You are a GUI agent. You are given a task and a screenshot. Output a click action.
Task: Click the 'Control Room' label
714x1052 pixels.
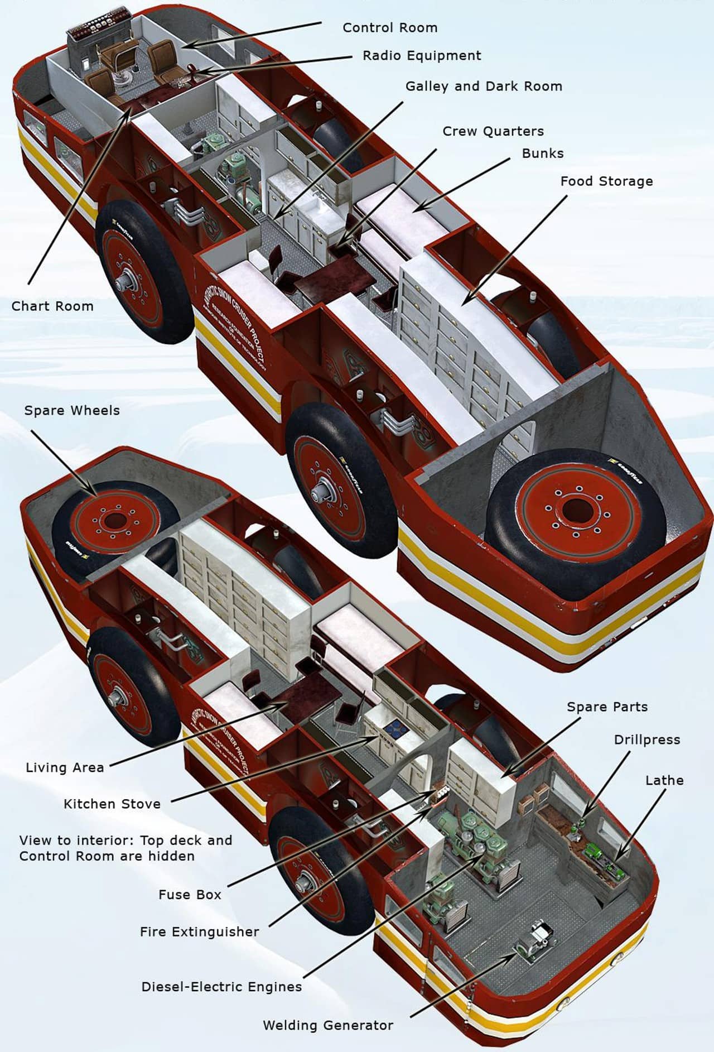point(389,28)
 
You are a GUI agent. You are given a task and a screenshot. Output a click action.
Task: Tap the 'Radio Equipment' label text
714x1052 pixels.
point(422,56)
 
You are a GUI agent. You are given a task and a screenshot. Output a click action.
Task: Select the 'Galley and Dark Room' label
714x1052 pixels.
point(484,87)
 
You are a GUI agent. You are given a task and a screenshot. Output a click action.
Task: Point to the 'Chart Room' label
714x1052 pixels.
point(52,306)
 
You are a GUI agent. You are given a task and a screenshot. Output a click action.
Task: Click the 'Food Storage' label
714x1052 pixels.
point(606,181)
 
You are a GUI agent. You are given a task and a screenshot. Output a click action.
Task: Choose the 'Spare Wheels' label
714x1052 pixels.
point(72,411)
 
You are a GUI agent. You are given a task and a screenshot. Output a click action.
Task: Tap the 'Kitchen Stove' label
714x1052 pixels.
point(112,804)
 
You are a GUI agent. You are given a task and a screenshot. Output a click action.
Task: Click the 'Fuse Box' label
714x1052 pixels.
point(190,895)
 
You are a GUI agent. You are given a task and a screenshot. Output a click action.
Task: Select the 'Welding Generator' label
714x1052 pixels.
point(328,1025)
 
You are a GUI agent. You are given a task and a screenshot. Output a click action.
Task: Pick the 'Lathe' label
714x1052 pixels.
point(664,780)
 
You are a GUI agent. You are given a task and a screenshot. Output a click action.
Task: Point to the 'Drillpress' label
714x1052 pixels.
point(647,740)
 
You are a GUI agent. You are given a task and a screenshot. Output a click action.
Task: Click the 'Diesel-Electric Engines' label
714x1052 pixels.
point(221,987)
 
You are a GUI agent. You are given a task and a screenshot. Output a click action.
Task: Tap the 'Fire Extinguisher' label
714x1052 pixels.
point(199,931)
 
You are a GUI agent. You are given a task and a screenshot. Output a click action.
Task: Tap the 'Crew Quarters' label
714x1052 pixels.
point(493,132)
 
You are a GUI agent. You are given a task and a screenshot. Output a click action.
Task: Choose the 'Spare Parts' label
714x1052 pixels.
point(607,707)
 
